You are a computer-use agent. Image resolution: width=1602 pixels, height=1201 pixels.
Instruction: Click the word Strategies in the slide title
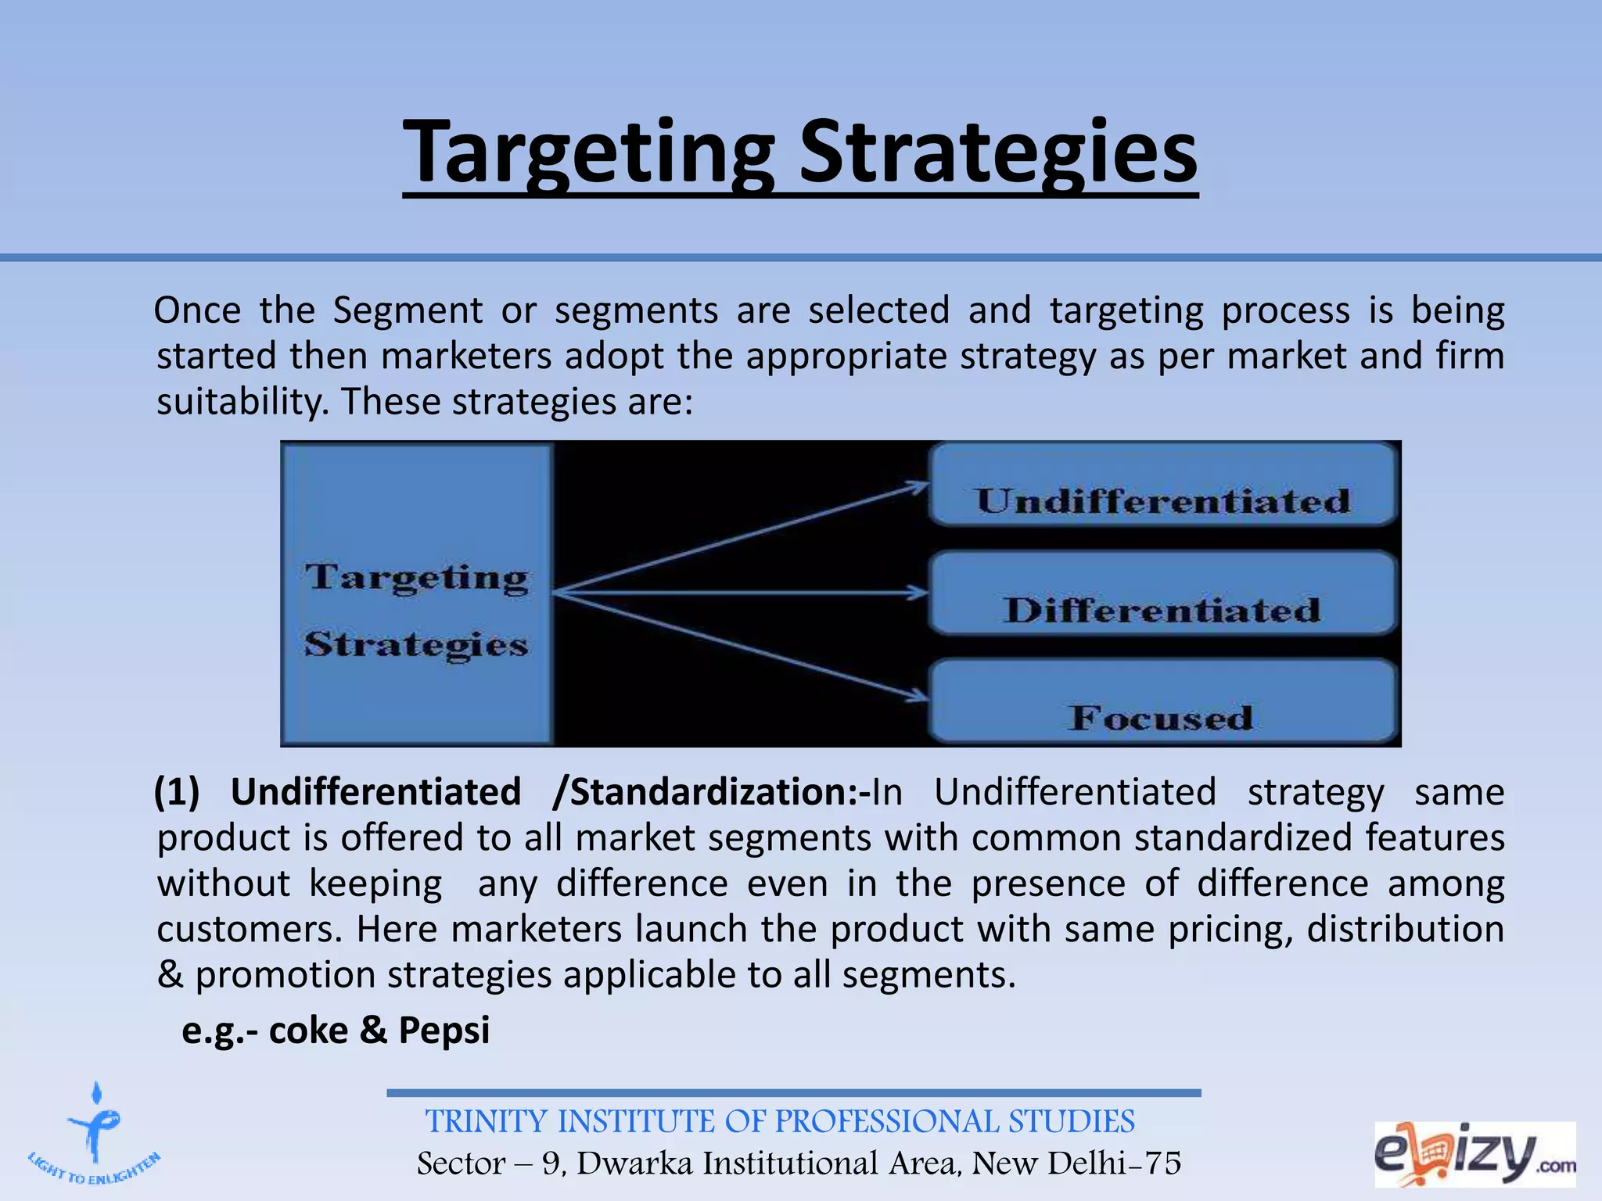[997, 152]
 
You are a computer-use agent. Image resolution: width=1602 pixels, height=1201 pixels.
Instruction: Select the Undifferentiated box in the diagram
[1162, 485]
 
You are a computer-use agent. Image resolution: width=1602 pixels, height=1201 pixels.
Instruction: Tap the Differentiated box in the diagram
[1162, 593]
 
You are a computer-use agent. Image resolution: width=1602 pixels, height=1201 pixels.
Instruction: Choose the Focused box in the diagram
[1162, 701]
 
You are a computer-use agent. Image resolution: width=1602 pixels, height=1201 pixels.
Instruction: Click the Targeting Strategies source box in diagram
[417, 594]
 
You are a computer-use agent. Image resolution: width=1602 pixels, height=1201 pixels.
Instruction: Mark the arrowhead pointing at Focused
[917, 695]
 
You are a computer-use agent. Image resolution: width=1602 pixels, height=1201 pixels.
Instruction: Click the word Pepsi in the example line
[444, 1030]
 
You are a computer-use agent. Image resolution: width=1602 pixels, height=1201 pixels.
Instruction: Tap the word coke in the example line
[308, 1031]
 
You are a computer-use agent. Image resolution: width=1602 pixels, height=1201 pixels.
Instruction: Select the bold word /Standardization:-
[711, 792]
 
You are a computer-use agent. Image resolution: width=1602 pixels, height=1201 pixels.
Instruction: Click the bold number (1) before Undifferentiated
[177, 792]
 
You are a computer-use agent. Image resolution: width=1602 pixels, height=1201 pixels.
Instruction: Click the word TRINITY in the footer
[486, 1122]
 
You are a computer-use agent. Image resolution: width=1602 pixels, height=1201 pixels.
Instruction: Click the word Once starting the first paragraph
[197, 310]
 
